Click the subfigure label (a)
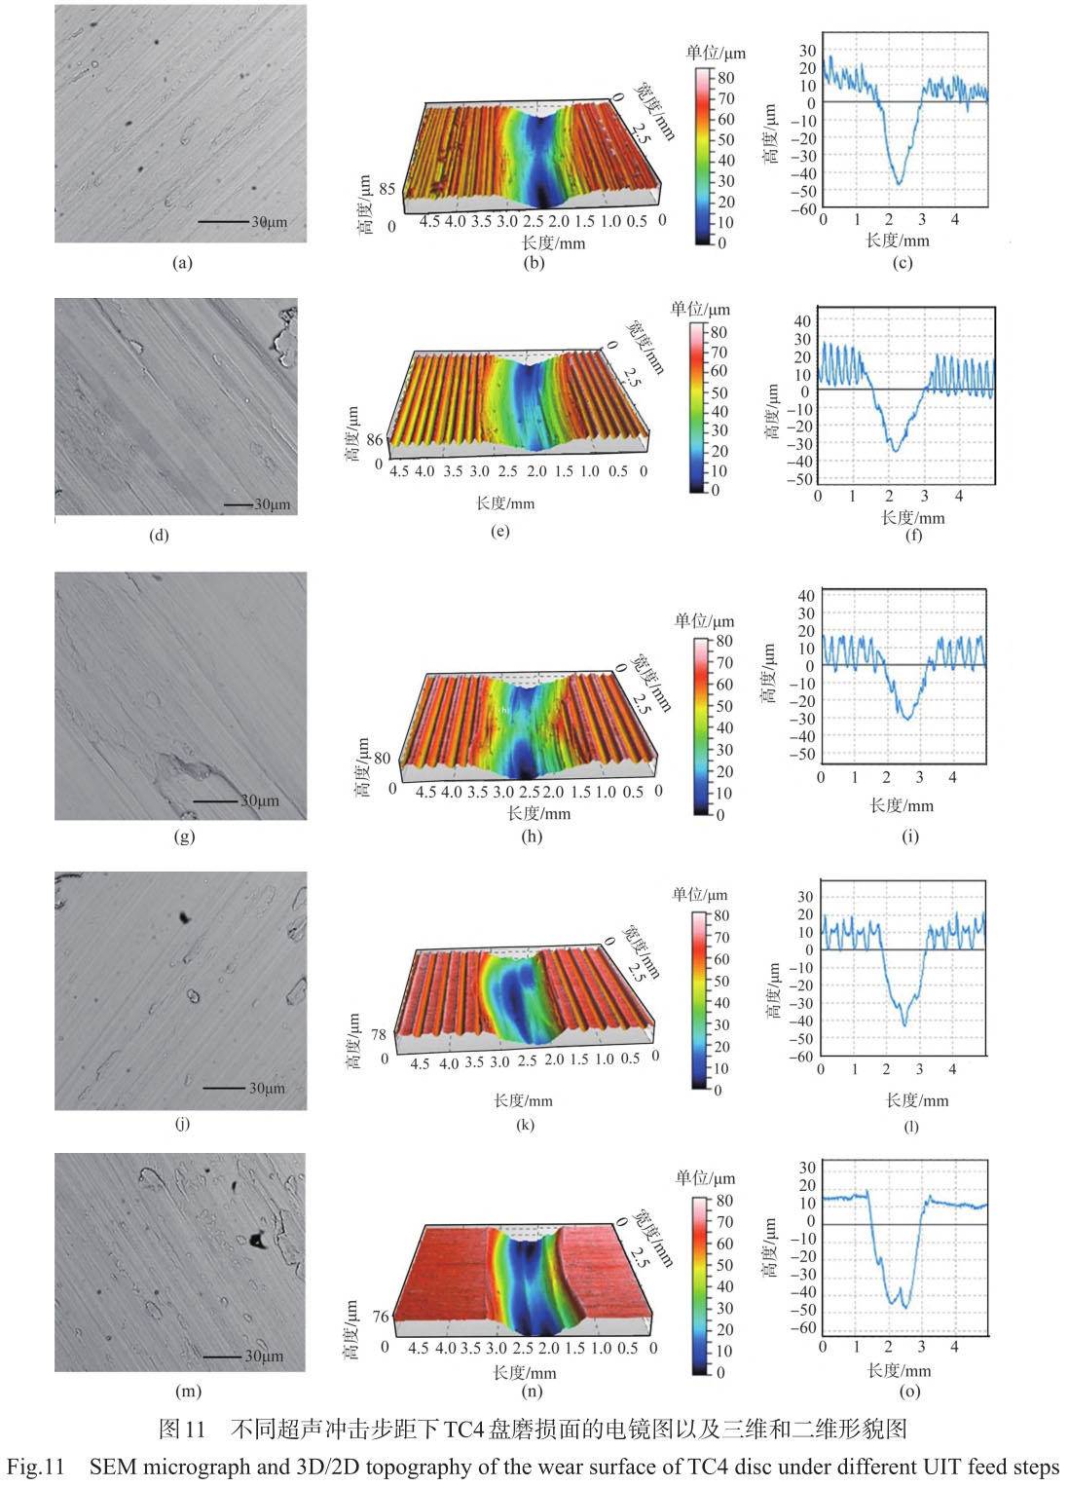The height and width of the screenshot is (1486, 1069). [x=182, y=262]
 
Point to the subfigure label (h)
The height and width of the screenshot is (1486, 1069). [x=532, y=836]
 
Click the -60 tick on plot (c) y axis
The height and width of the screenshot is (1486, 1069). [x=803, y=209]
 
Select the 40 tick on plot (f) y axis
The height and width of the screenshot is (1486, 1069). [x=802, y=320]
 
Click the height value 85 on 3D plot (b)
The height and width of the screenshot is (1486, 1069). [x=387, y=189]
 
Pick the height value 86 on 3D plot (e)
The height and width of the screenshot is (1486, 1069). [x=375, y=440]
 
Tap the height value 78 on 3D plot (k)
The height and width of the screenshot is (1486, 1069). [x=379, y=1034]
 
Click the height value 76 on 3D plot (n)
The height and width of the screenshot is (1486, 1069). [x=381, y=1316]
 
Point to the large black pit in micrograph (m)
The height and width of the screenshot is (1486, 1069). [x=257, y=1240]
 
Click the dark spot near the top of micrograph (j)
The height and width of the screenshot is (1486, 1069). [x=183, y=916]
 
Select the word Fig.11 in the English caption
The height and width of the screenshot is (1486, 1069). [x=35, y=1467]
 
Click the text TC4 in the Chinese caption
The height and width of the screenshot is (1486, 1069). [x=464, y=1429]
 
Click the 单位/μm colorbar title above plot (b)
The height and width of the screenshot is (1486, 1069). [x=716, y=53]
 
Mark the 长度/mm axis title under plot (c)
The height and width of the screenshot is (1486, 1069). [x=898, y=240]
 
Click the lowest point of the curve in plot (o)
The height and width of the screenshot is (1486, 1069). [x=904, y=1307]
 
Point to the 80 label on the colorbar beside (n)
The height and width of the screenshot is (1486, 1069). [x=725, y=1201]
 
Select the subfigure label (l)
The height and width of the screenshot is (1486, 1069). [x=911, y=1127]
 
